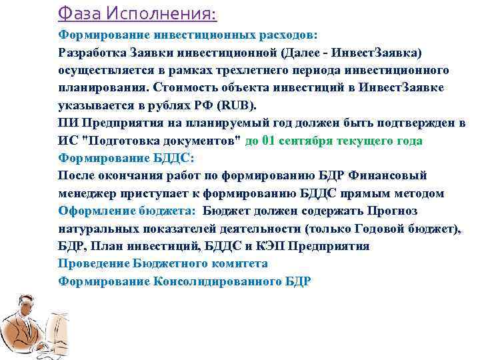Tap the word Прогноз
point(391,211)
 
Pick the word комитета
point(237,263)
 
